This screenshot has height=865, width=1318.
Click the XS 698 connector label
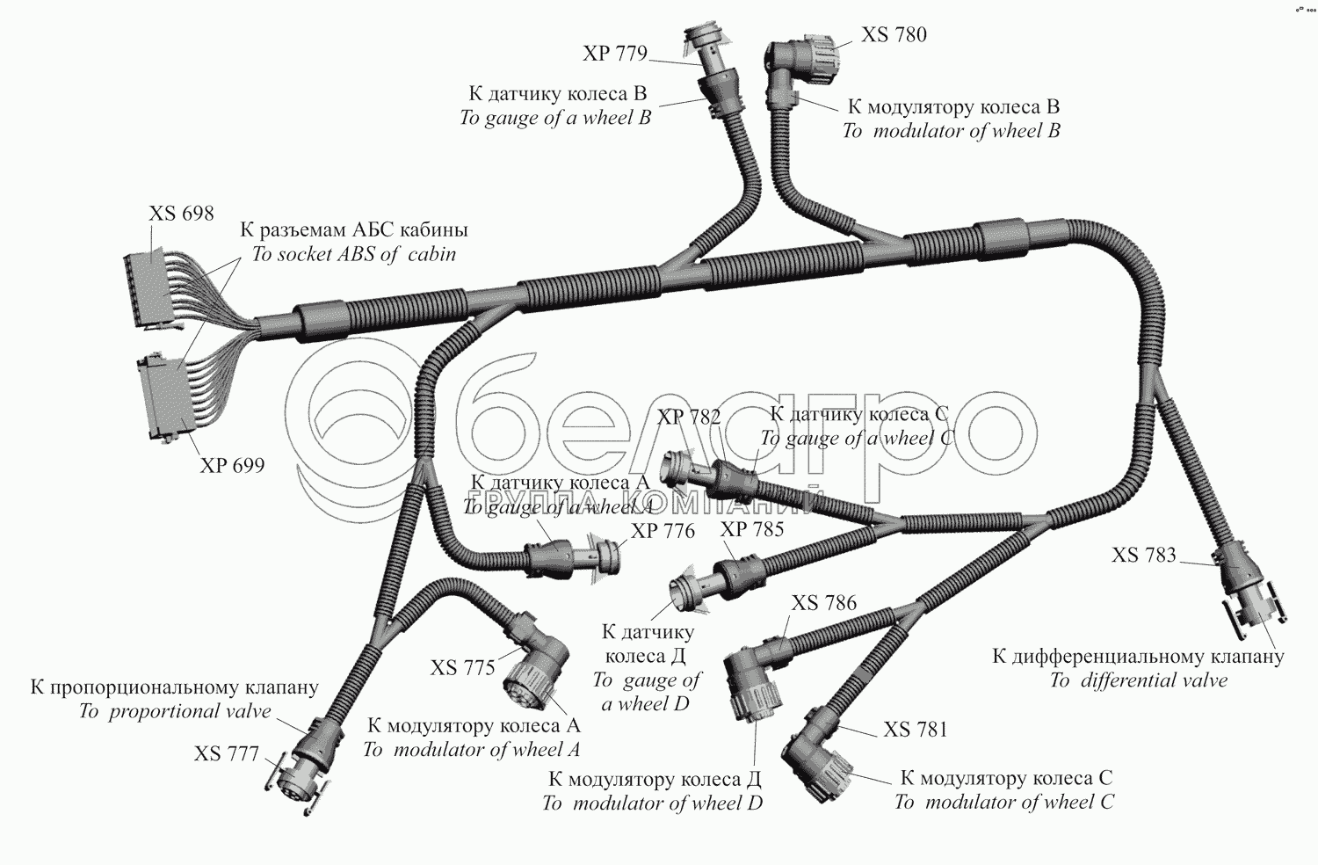pos(181,214)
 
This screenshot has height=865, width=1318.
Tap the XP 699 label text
pos(232,466)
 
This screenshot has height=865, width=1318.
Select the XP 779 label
pos(614,54)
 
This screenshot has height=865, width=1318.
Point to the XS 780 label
pos(894,35)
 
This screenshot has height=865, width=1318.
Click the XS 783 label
pos(1143,556)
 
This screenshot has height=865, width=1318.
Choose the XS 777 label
pos(227,754)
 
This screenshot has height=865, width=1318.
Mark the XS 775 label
pos(463,668)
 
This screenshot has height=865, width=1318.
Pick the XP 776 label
pos(663,531)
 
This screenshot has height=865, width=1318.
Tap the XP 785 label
pos(751,529)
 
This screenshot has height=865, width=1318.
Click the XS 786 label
pos(823,603)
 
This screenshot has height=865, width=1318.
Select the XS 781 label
pos(916,730)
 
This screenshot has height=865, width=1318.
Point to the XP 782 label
pos(689,418)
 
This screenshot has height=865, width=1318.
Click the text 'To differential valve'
pos(1138,680)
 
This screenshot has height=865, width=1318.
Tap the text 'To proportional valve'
pos(175,712)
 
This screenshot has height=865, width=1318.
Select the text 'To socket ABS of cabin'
pos(354,255)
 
